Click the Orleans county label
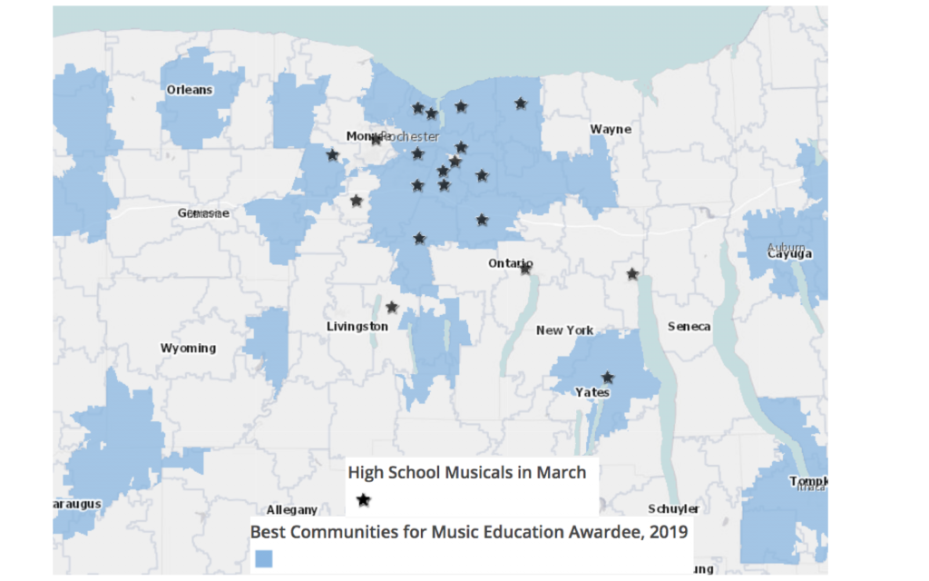(x=190, y=90)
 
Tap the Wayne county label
(x=611, y=129)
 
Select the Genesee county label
(x=203, y=212)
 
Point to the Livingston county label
(x=357, y=326)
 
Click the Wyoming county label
(x=188, y=348)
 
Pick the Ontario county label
(x=509, y=263)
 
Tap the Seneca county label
(x=689, y=326)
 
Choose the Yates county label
(x=592, y=392)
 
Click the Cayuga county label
(x=788, y=253)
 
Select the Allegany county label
(x=292, y=510)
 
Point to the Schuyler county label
(x=673, y=508)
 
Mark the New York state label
(x=564, y=330)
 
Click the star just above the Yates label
(x=608, y=377)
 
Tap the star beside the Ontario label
(x=525, y=268)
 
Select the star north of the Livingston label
(x=392, y=307)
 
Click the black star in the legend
(x=364, y=499)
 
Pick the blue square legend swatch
(x=263, y=558)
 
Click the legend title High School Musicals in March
(x=466, y=472)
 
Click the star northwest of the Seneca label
(x=632, y=273)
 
